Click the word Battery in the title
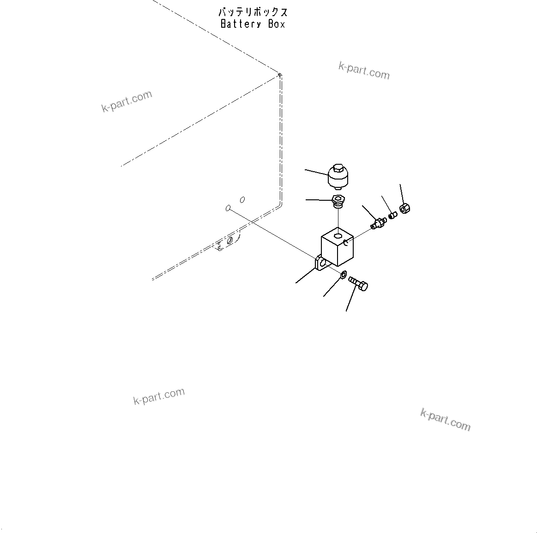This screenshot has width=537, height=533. (x=241, y=24)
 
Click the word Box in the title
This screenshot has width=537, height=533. (x=277, y=24)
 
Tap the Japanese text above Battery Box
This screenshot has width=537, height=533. (x=253, y=12)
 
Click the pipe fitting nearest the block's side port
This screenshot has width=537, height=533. (x=378, y=223)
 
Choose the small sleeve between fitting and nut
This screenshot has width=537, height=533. (x=392, y=215)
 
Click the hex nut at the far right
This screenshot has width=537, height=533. (x=405, y=209)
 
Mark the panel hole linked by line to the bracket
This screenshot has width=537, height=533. (x=228, y=208)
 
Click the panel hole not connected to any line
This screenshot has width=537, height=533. (x=242, y=199)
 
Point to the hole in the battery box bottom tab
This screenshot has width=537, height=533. (x=229, y=241)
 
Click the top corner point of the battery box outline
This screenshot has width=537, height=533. (x=279, y=74)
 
